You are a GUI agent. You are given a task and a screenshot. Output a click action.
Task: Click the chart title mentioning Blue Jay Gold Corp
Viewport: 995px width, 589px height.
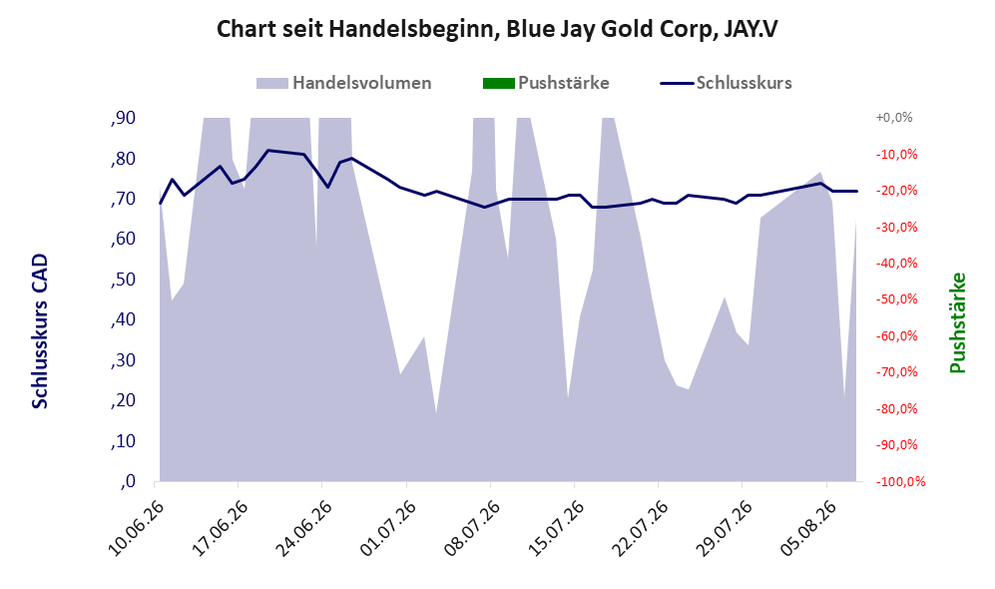pyautogui.click(x=497, y=29)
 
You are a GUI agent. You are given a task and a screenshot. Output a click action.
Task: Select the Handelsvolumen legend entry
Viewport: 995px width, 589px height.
pyautogui.click(x=343, y=83)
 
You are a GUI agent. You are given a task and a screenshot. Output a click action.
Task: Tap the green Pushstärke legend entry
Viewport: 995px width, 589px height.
pyautogui.click(x=546, y=83)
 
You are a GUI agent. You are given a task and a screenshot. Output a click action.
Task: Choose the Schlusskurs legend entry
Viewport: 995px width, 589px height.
pyautogui.click(x=726, y=83)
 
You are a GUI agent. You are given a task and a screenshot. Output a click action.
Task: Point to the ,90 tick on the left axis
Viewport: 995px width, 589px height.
pyautogui.click(x=123, y=118)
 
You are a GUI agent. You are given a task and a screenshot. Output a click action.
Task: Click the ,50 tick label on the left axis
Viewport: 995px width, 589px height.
pyautogui.click(x=123, y=280)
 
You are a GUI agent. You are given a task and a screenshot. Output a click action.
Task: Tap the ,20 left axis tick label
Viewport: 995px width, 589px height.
pyautogui.click(x=123, y=401)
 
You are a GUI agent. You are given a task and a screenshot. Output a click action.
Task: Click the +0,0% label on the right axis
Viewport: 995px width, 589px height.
pyautogui.click(x=894, y=118)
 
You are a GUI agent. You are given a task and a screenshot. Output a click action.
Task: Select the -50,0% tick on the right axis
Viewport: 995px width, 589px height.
pyautogui.click(x=896, y=298)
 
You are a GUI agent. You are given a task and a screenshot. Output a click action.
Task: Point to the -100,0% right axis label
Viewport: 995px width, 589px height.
pyautogui.click(x=900, y=482)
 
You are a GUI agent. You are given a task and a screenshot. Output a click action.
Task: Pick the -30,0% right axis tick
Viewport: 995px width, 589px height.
pyautogui.click(x=896, y=227)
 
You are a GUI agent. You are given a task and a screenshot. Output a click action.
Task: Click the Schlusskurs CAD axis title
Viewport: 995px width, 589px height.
pyautogui.click(x=40, y=330)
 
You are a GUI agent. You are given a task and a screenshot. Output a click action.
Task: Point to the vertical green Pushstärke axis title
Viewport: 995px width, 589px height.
pyautogui.click(x=957, y=322)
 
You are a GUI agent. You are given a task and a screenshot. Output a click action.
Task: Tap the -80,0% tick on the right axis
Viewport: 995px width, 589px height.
pyautogui.click(x=896, y=408)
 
